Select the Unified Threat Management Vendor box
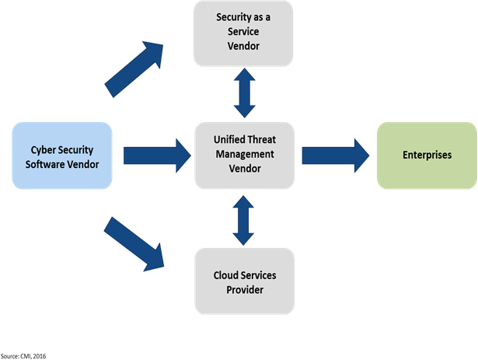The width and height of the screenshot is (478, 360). coord(243,155)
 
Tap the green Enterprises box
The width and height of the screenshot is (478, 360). coord(426,155)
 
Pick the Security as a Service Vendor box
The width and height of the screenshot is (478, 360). coord(243,32)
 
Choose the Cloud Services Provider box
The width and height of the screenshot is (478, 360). coord(243,282)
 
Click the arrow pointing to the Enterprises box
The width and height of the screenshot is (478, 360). coord(335,155)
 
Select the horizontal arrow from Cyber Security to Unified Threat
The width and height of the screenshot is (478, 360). coord(156,155)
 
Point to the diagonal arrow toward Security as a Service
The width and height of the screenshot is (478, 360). coord(134,69)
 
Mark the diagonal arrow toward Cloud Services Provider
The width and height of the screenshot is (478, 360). coord(134,243)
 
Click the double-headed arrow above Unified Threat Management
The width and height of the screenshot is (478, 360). coord(243,94)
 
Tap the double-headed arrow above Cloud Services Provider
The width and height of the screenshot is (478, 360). coord(243,220)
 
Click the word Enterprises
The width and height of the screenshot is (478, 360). coord(426,156)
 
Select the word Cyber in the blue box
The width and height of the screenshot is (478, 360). coord(46,149)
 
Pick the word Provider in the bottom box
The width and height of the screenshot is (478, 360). coord(244,290)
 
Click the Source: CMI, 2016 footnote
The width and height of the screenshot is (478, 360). coord(22,355)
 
